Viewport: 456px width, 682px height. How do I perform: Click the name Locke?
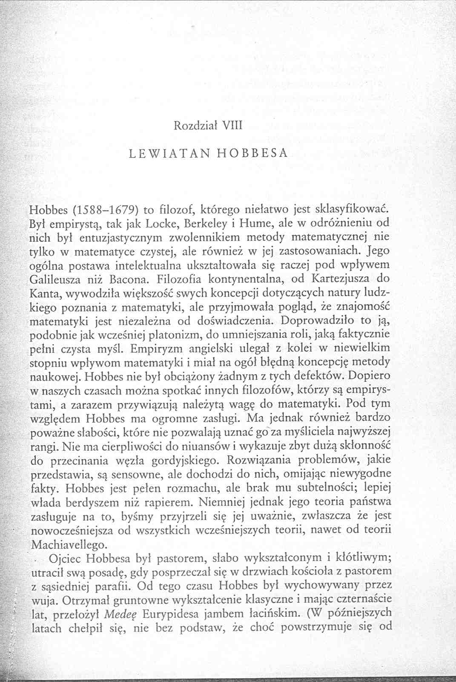pyautogui.click(x=161, y=223)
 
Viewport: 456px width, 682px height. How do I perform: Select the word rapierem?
pyautogui.click(x=166, y=503)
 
